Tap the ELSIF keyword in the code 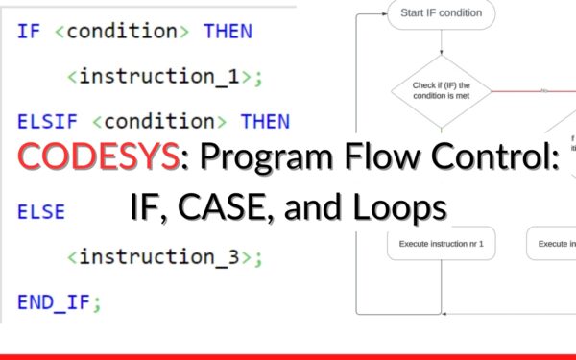coord(49,122)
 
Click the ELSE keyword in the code coord(40,212)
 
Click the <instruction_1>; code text coord(164,77)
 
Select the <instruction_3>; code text coord(164,257)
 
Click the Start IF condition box coord(442,14)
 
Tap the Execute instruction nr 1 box coord(442,244)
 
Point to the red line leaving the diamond coord(538,92)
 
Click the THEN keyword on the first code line coord(228,31)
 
